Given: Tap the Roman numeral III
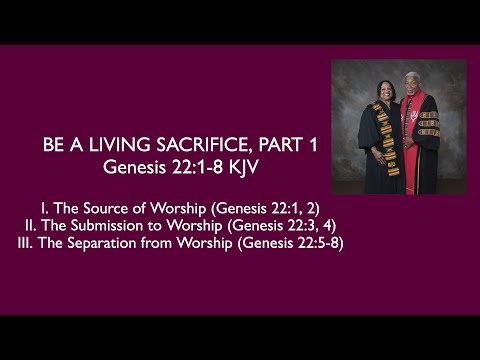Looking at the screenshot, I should pyautogui.click(x=25, y=244).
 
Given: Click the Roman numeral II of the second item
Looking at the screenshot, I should pyautogui.click(x=32, y=225).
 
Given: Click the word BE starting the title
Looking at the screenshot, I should pyautogui.click(x=53, y=146).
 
